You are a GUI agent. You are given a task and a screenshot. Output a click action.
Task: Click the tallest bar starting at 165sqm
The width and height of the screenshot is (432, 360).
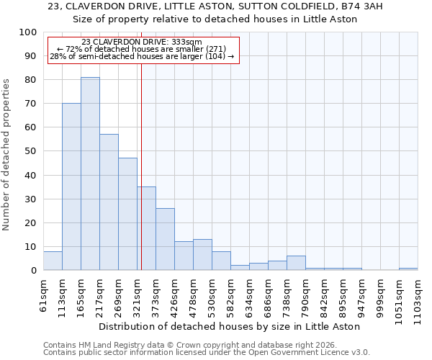click(x=90, y=174)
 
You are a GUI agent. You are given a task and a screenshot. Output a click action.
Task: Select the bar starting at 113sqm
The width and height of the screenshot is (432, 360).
click(x=71, y=186)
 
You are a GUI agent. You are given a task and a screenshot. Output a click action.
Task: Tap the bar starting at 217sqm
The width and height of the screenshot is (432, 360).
click(x=109, y=202)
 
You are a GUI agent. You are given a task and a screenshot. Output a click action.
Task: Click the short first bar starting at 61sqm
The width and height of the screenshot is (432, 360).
click(x=53, y=261)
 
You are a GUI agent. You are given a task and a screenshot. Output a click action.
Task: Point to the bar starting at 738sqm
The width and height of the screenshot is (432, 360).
click(x=296, y=263)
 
